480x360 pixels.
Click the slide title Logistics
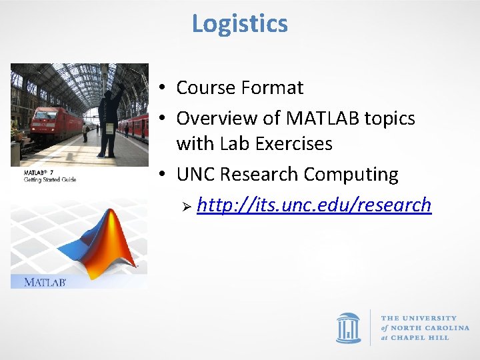pos(240,24)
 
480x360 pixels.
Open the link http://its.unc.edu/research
pos(314,205)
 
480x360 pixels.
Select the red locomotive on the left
pos(50,123)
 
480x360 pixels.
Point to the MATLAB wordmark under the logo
pos(45,282)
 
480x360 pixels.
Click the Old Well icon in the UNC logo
pos(348,327)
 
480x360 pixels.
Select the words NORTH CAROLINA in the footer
pos(431,328)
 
